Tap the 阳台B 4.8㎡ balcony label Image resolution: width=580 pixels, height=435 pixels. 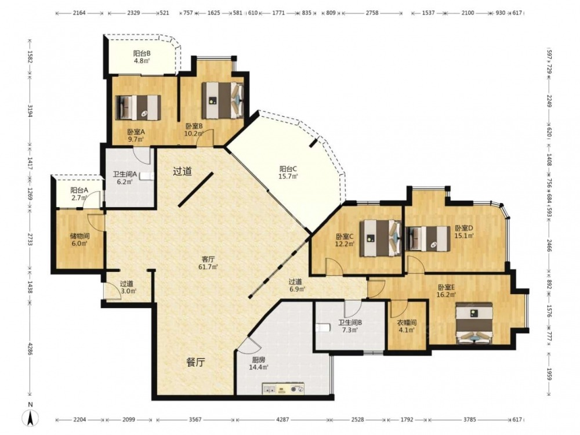142,57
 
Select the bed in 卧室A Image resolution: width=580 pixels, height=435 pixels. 139,108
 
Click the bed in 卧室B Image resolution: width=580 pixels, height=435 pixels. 223,100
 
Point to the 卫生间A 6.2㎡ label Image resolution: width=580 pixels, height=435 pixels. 125,177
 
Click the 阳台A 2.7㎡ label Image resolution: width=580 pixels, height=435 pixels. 79,194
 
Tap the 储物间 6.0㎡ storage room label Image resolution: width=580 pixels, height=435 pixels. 79,240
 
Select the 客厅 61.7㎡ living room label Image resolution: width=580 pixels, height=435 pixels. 209,263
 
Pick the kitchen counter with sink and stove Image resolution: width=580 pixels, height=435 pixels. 284,389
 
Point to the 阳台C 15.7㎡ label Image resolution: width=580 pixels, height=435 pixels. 288,173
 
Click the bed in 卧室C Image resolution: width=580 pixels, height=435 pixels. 380,238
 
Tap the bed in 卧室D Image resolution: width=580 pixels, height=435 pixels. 428,238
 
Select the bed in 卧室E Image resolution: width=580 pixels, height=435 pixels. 474,323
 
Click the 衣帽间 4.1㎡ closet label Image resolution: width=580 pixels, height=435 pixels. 407,326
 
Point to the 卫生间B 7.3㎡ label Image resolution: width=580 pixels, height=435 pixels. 350,326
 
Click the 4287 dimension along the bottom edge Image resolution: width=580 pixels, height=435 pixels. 282,420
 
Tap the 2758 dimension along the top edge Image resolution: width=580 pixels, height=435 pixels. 372,13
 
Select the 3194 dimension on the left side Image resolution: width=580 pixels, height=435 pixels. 30,111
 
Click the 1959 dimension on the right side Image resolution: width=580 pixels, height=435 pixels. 549,374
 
